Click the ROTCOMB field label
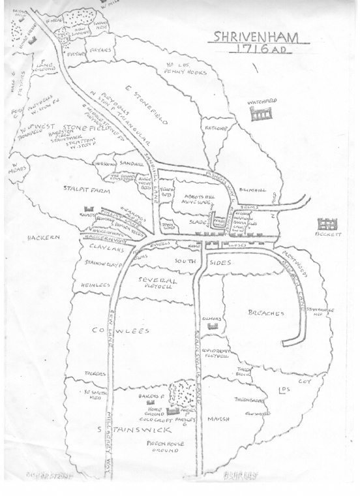point(213,128)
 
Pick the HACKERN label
point(44,238)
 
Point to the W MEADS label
point(18,166)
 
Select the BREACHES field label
point(265,314)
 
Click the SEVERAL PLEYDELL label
point(157,283)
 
